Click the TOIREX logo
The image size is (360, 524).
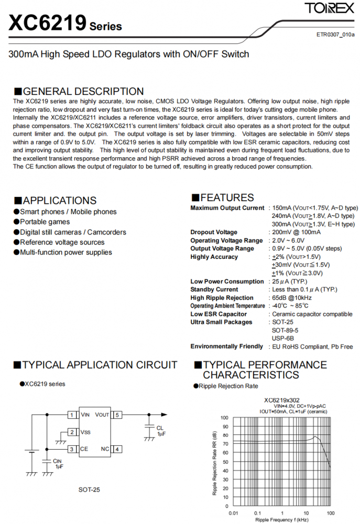coord(329,9)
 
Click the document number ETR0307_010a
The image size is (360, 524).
coord(335,35)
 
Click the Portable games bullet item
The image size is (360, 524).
coord(45,222)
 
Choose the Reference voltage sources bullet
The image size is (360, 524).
coord(62,242)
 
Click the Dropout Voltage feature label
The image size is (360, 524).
coord(214,232)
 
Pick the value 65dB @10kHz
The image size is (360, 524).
coord(296,298)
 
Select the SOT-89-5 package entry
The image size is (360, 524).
coord(285,330)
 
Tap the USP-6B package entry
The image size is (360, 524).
coord(282,339)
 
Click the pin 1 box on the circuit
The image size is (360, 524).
coord(71,415)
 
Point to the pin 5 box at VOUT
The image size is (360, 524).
coord(118,415)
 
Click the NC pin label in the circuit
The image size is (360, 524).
coord(105,449)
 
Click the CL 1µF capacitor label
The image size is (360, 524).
coord(160,431)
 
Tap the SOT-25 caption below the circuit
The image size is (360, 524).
coord(89,489)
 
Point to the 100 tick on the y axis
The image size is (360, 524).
coord(224,418)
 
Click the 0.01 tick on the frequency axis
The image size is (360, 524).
coord(234,512)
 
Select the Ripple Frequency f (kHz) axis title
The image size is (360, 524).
coord(282,520)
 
